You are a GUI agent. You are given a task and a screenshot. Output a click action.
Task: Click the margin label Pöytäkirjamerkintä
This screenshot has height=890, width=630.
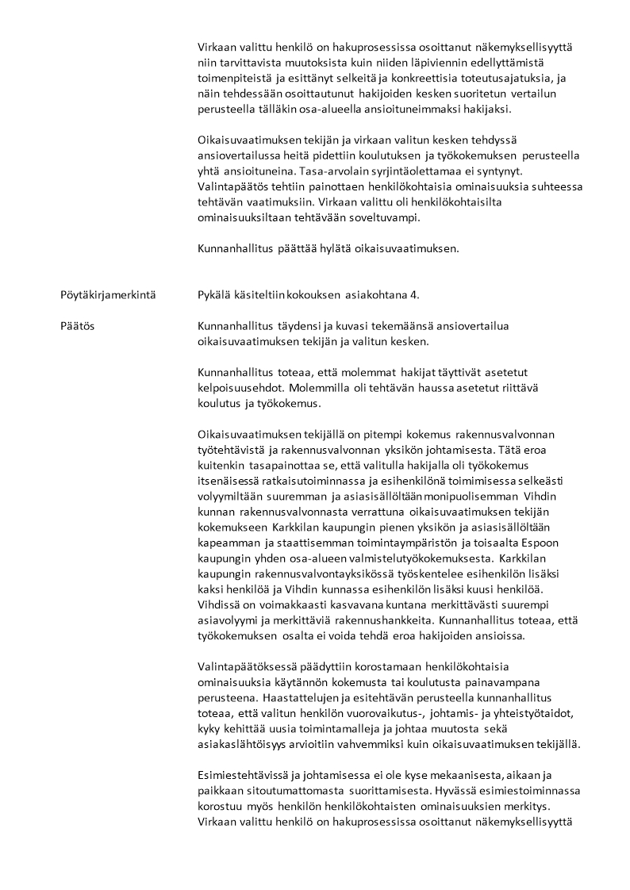pyautogui.click(x=108, y=295)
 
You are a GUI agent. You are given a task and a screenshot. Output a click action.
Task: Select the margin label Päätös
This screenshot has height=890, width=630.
pyautogui.click(x=76, y=325)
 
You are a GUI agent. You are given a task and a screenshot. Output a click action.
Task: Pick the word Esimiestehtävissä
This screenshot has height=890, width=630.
pyautogui.click(x=243, y=776)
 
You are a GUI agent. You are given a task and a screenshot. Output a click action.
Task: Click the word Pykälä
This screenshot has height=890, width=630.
pyautogui.click(x=216, y=295)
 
